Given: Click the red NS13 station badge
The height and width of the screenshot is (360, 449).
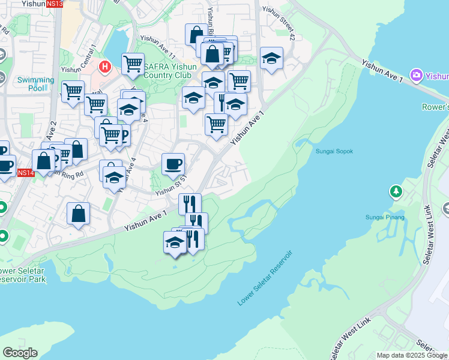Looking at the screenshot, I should pyautogui.click(x=54, y=4).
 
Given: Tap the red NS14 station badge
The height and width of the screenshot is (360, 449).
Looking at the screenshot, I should pyautogui.click(x=25, y=173).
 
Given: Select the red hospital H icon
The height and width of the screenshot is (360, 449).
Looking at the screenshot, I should pyautogui.click(x=105, y=66).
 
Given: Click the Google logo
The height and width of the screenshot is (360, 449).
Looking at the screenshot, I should pyautogui.click(x=20, y=353).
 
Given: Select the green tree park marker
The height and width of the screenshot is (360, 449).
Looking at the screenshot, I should pyautogui.click(x=396, y=191).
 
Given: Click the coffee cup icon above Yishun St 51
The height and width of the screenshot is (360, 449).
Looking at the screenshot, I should pyautogui.click(x=173, y=163).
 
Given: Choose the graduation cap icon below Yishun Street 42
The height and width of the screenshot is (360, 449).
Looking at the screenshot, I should pyautogui.click(x=272, y=58).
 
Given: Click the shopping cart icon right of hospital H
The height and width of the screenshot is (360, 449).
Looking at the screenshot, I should pyautogui.click(x=133, y=63).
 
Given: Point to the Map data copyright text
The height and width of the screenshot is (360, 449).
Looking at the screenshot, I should pyautogui.click(x=412, y=355).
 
